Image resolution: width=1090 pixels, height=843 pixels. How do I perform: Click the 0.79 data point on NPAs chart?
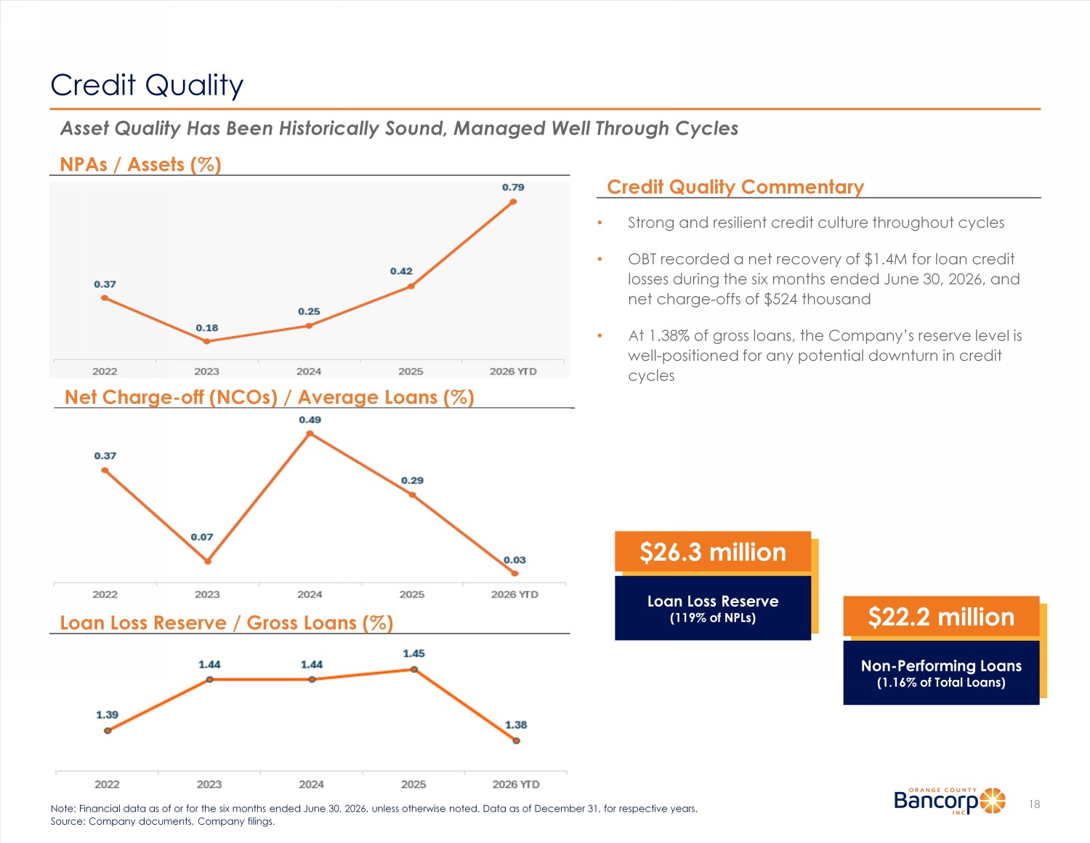pyautogui.click(x=513, y=201)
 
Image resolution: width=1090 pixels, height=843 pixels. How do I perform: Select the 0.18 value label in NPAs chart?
pyautogui.click(x=206, y=328)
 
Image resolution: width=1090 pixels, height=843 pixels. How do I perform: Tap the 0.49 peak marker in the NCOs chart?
pyautogui.click(x=310, y=434)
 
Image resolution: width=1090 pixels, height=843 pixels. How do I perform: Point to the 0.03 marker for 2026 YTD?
pyautogui.click(x=515, y=573)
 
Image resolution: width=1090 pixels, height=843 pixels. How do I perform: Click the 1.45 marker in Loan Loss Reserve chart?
pyautogui.click(x=413, y=669)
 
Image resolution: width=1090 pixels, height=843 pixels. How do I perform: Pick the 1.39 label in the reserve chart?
pyautogui.click(x=108, y=714)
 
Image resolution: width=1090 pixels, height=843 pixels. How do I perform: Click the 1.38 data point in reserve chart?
pyautogui.click(x=517, y=740)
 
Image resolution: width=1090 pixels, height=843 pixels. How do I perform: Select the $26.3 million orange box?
pyautogui.click(x=713, y=552)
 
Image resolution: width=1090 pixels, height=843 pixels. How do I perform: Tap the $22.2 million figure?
pyautogui.click(x=941, y=617)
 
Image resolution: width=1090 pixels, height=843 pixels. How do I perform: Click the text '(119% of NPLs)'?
pyautogui.click(x=713, y=618)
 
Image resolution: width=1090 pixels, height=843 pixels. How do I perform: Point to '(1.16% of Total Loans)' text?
pyautogui.click(x=941, y=683)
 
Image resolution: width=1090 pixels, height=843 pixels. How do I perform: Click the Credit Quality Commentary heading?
pyautogui.click(x=735, y=187)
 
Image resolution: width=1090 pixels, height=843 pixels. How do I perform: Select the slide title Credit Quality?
pyautogui.click(x=147, y=85)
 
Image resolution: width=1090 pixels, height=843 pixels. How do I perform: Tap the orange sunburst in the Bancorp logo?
pyautogui.click(x=993, y=800)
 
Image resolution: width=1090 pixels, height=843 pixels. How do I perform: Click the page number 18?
pyautogui.click(x=1034, y=804)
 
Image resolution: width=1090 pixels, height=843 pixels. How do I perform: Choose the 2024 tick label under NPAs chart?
pyautogui.click(x=309, y=372)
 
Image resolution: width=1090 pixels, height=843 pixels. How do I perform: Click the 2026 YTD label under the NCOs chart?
pyautogui.click(x=514, y=594)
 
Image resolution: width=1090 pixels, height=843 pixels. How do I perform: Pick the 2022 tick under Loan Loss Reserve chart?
pyautogui.click(x=108, y=784)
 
